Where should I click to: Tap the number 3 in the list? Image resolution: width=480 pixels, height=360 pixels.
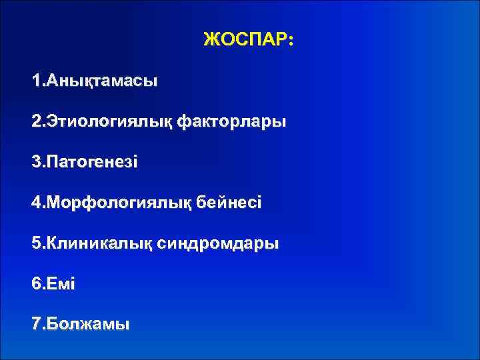pos(36,163)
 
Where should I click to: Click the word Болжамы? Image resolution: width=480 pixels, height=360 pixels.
pos(87,325)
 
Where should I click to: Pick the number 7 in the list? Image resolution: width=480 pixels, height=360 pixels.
pos(36,325)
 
